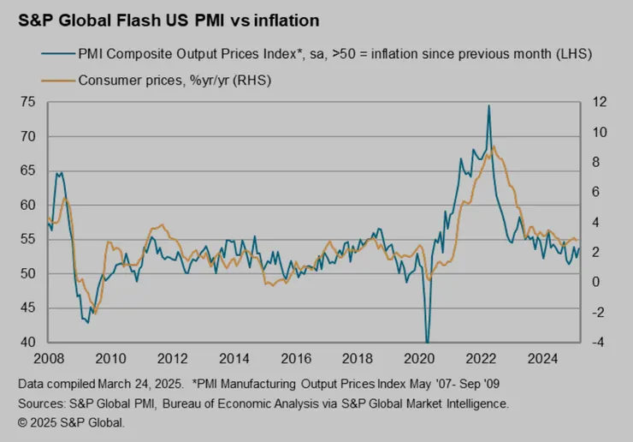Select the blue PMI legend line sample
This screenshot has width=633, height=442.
coord(56,56)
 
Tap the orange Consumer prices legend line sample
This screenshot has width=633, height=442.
coord(56,81)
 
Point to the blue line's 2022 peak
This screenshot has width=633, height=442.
coord(488,106)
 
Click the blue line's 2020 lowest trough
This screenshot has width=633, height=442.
coord(427,342)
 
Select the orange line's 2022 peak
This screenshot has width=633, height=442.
coord(494,146)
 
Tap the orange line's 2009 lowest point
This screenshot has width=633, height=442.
coord(94,314)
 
